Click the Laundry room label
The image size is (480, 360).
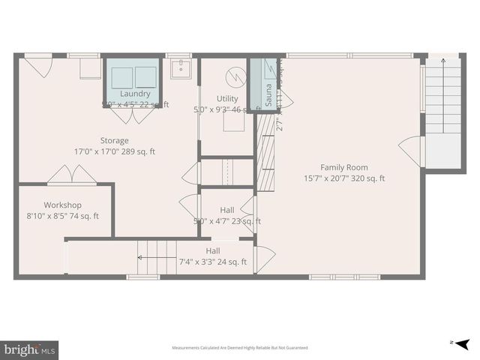pos(135,94)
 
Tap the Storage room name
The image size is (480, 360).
pos(115,140)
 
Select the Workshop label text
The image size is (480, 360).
pos(62,205)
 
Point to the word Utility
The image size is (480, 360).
pos(227,99)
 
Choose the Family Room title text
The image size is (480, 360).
pos(343,167)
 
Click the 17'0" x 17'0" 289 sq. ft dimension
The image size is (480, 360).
pos(115,151)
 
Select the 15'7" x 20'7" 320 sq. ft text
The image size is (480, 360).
pos(343,178)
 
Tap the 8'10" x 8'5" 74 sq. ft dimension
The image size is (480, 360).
pos(62,216)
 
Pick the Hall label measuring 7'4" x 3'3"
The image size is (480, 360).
pos(213,251)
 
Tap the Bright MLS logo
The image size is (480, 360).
pos(29,349)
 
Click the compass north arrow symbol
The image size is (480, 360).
pos(462,343)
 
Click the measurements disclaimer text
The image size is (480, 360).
pos(239,348)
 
